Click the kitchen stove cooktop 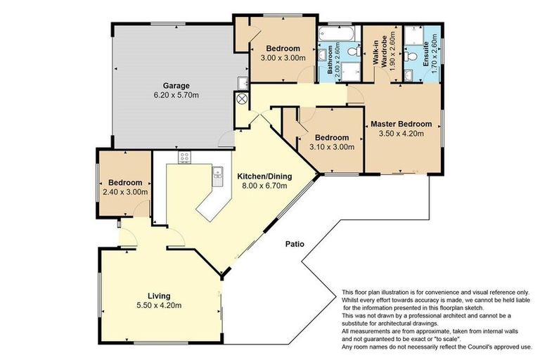[x=185, y=157]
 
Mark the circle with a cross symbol [x=243, y=99]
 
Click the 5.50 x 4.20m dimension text [x=159, y=305]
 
